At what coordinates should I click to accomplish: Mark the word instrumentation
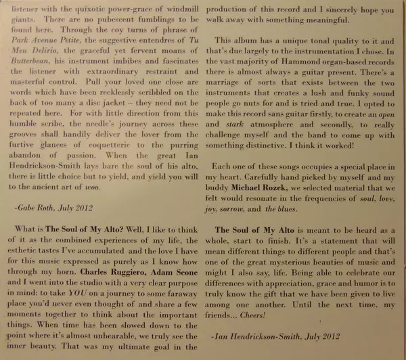click(312, 51)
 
